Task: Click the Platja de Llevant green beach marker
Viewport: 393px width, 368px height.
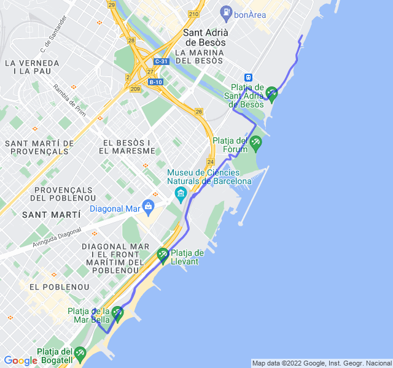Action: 163,254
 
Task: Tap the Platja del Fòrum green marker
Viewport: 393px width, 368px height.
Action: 255,143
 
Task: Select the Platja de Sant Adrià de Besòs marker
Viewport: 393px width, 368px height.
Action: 271,93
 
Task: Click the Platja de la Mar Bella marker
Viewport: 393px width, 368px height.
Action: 117,313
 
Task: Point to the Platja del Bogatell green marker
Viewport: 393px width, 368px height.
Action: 80,353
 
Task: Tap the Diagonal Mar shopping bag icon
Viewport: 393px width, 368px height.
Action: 148,205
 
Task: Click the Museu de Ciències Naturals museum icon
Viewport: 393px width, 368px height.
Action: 181,195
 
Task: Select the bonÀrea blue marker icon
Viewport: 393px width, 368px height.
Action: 225,12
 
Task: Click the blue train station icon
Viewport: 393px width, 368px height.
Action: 248,78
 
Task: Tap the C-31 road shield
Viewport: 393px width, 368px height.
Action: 161,61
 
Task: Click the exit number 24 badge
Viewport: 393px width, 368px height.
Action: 211,162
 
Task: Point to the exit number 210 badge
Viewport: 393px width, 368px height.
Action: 194,14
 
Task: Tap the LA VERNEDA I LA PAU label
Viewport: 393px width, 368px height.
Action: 31,67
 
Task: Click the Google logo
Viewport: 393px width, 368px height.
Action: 20,361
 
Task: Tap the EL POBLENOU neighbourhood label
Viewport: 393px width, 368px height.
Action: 59,286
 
